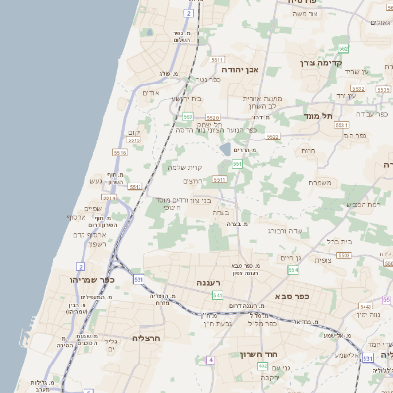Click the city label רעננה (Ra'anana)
(x=207, y=282)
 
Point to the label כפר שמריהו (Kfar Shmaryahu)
(x=94, y=280)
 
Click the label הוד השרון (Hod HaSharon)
(x=260, y=354)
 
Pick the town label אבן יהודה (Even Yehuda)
(x=245, y=71)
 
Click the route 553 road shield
(x=187, y=117)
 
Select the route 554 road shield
(x=292, y=268)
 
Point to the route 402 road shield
(x=262, y=365)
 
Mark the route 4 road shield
(x=210, y=359)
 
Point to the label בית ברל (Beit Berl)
(x=337, y=239)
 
